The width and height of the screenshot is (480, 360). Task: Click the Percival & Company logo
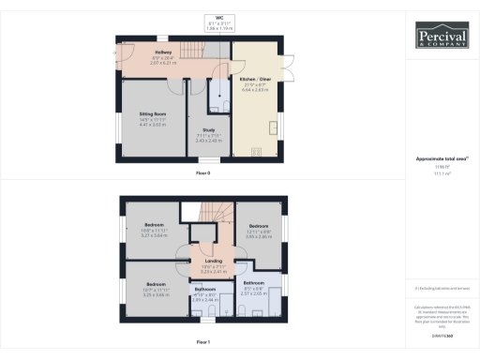(442, 37)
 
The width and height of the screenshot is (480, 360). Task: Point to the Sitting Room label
(154, 119)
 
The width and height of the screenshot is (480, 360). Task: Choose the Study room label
(208, 138)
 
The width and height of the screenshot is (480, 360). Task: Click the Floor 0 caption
(203, 173)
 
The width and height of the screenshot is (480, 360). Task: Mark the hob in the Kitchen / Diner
(276, 128)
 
